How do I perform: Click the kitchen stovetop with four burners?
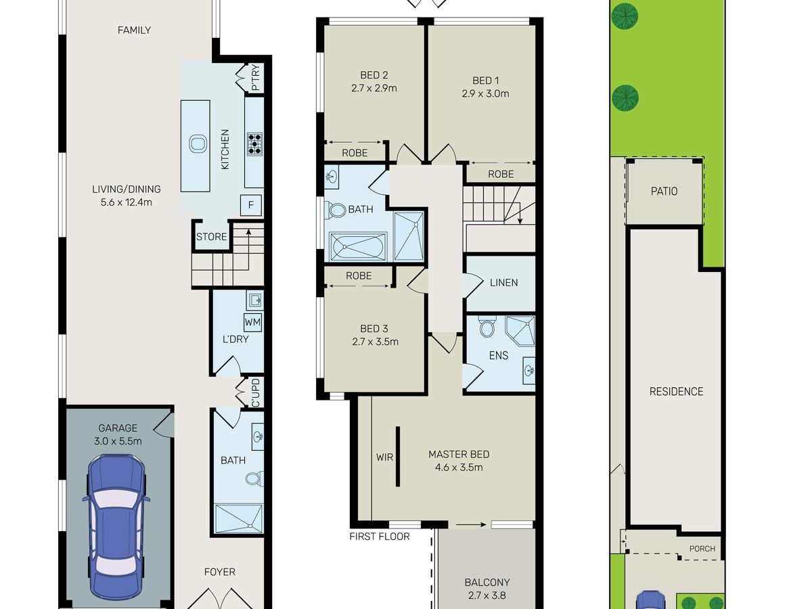[254, 144]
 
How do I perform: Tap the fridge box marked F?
[251, 205]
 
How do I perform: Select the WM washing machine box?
[252, 322]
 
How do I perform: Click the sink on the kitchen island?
[198, 143]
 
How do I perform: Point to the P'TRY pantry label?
[255, 78]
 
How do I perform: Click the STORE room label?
[212, 237]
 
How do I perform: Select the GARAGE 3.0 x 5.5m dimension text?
[118, 441]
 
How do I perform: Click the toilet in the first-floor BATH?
[335, 210]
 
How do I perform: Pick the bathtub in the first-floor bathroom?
[358, 246]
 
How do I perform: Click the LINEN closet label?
[504, 282]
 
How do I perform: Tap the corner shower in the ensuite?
[520, 331]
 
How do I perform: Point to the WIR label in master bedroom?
[385, 457]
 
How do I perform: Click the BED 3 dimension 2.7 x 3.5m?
[375, 342]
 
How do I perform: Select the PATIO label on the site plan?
[664, 191]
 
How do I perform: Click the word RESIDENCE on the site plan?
[676, 392]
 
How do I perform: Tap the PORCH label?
[702, 549]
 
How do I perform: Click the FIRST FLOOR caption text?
[380, 537]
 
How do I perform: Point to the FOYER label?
[220, 572]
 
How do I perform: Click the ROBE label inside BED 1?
[501, 174]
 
